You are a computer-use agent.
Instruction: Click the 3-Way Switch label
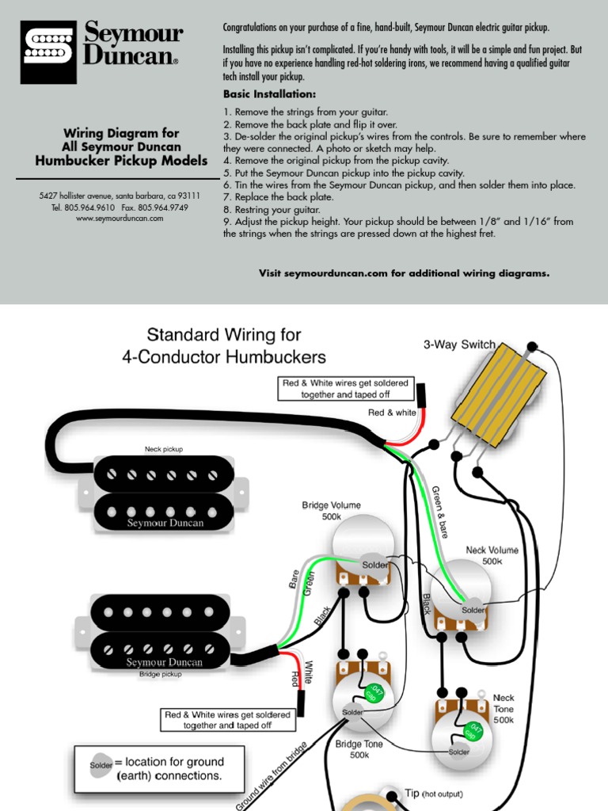459,345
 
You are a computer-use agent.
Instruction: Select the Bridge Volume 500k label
331,511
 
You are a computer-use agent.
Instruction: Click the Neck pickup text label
163,449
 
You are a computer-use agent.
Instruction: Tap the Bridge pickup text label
160,674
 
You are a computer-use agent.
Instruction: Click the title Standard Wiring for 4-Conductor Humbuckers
224,345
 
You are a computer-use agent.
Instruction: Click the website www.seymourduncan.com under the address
120,218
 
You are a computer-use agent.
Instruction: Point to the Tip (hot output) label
433,794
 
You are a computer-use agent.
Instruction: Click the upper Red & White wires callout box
346,388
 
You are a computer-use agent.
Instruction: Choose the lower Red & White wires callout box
227,719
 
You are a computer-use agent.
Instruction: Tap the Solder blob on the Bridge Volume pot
375,565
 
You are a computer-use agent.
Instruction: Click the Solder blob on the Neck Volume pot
473,610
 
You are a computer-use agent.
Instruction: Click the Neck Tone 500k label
503,710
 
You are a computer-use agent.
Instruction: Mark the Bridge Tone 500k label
359,749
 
